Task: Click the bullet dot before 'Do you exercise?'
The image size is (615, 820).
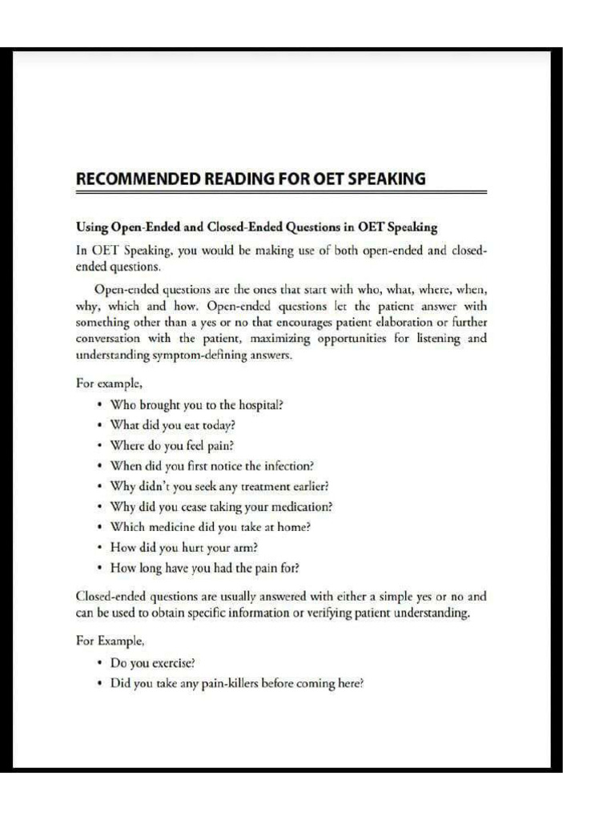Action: click(x=98, y=664)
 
